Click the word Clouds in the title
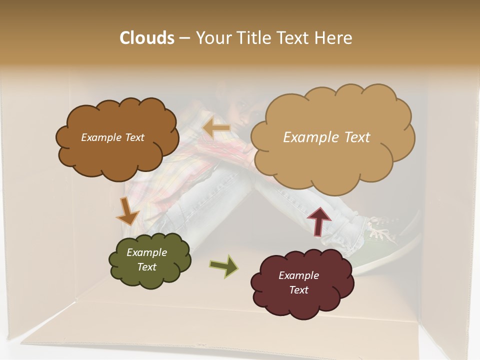[147, 38]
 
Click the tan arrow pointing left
[216, 128]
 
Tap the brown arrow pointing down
[127, 211]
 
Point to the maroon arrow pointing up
[319, 220]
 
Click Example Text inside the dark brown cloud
[112, 137]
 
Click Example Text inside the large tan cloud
[326, 137]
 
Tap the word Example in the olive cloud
[146, 252]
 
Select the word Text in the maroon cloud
[298, 290]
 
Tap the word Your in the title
[211, 38]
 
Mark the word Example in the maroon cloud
[298, 275]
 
